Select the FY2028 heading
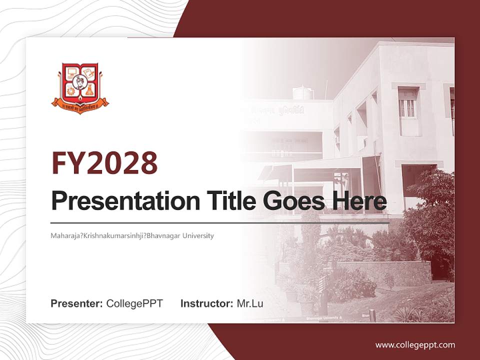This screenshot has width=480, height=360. (104, 163)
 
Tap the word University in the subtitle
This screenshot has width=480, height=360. (197, 235)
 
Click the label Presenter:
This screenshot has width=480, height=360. (77, 303)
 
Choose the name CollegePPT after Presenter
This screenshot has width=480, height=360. (134, 303)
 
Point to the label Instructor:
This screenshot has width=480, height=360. (207, 303)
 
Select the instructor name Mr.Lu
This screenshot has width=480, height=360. (250, 303)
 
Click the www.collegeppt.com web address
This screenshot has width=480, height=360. (415, 345)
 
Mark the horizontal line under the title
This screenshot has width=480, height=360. (220, 222)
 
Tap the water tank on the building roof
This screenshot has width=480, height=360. (303, 92)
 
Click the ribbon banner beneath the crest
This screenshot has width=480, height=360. (80, 105)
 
